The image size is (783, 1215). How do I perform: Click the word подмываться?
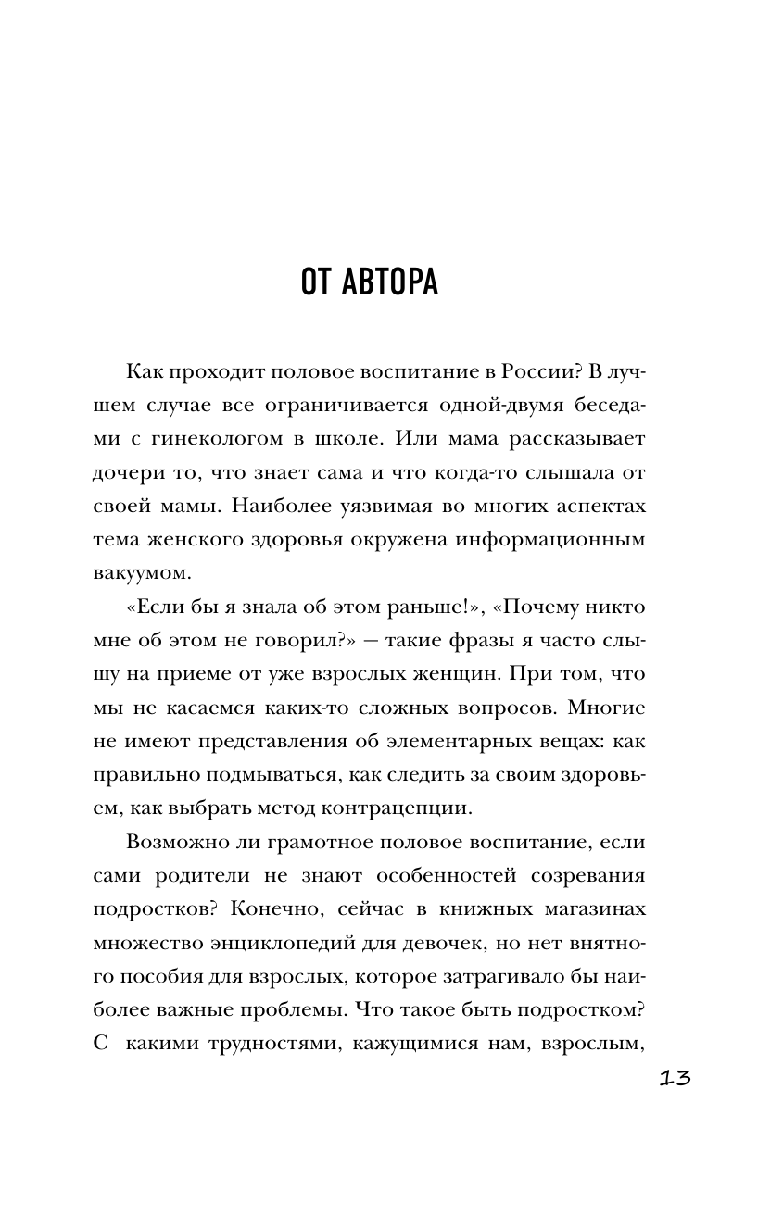click(x=269, y=774)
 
